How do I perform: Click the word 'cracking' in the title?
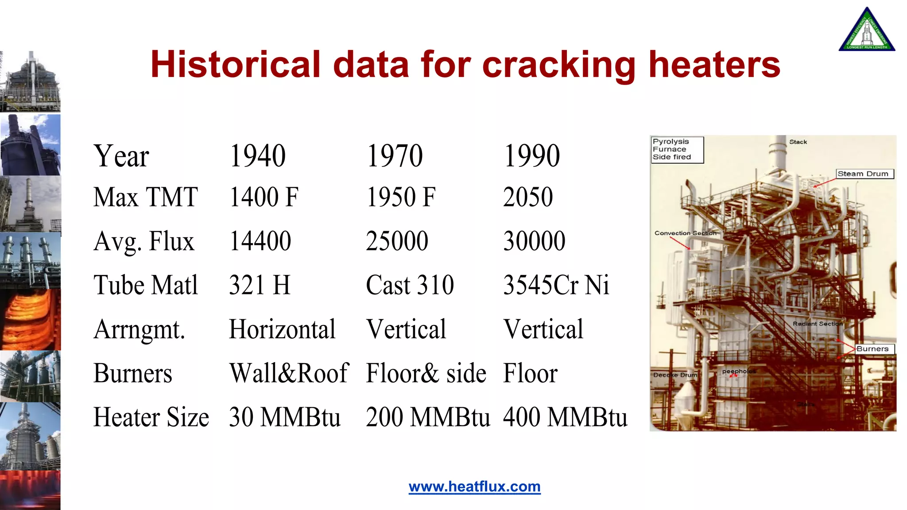(559, 66)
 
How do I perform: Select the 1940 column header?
(257, 156)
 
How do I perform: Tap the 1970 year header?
(395, 156)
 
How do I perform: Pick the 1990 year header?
(531, 156)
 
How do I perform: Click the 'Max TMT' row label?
(145, 197)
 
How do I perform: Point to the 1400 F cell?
(264, 197)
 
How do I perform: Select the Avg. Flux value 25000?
(397, 241)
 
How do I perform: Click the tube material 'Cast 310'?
(410, 285)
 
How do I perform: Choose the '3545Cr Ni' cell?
(556, 285)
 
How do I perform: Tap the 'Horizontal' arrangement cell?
(282, 329)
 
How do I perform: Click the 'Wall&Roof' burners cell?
(289, 373)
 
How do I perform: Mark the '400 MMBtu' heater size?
(565, 417)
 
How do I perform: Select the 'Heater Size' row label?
(151, 417)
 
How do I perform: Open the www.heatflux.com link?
(474, 487)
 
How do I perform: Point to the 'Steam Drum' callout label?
(864, 174)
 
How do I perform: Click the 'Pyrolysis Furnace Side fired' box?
(677, 150)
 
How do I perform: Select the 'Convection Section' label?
(685, 233)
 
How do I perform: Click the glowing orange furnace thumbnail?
(30, 320)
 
